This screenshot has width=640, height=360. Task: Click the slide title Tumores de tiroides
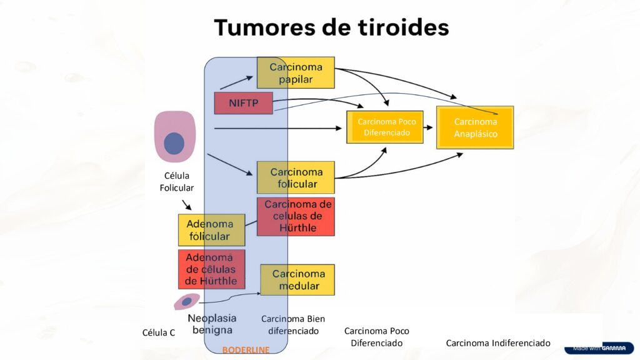(331, 27)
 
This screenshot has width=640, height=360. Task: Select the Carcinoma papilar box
(296, 72)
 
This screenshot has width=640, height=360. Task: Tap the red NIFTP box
(243, 102)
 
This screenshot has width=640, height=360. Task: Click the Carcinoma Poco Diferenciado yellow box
(386, 127)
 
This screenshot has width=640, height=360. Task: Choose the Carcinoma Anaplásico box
(475, 127)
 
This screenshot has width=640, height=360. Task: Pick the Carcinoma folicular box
(296, 177)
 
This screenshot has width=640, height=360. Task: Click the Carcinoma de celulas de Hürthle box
(296, 216)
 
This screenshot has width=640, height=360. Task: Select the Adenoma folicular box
(211, 230)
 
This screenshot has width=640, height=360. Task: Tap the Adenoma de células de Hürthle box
(211, 269)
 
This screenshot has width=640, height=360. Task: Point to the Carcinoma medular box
(297, 280)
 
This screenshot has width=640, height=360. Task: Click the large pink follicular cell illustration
(175, 136)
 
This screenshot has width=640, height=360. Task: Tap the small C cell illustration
(186, 302)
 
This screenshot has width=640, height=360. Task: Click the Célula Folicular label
(176, 182)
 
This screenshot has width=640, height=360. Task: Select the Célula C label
(159, 332)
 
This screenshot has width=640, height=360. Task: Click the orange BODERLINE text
(246, 350)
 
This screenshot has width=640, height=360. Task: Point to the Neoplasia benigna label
(212, 324)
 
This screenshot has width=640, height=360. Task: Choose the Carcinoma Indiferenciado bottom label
(497, 343)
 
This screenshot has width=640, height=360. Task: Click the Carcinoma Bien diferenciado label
(293, 324)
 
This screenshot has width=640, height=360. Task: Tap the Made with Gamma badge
(598, 348)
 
